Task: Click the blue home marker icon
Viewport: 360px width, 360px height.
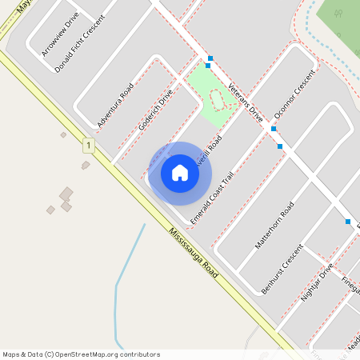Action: click(180, 173)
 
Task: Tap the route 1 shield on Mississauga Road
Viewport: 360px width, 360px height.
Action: click(87, 145)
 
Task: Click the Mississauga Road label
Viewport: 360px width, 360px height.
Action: click(193, 253)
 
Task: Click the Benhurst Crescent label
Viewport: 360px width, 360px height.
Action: click(282, 269)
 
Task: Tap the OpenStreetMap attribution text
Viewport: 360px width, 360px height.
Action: click(81, 354)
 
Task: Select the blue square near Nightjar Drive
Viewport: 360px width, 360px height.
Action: click(348, 222)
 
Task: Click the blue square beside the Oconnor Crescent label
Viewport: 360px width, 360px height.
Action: click(274, 128)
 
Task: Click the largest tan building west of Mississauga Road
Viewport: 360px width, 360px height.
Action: click(66, 193)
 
